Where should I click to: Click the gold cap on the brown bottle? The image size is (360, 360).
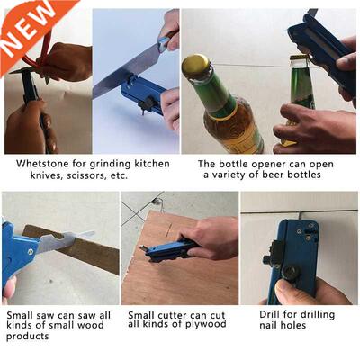pyautogui.click(x=196, y=65)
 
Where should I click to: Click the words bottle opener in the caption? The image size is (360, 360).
pyautogui.click(x=248, y=165)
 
